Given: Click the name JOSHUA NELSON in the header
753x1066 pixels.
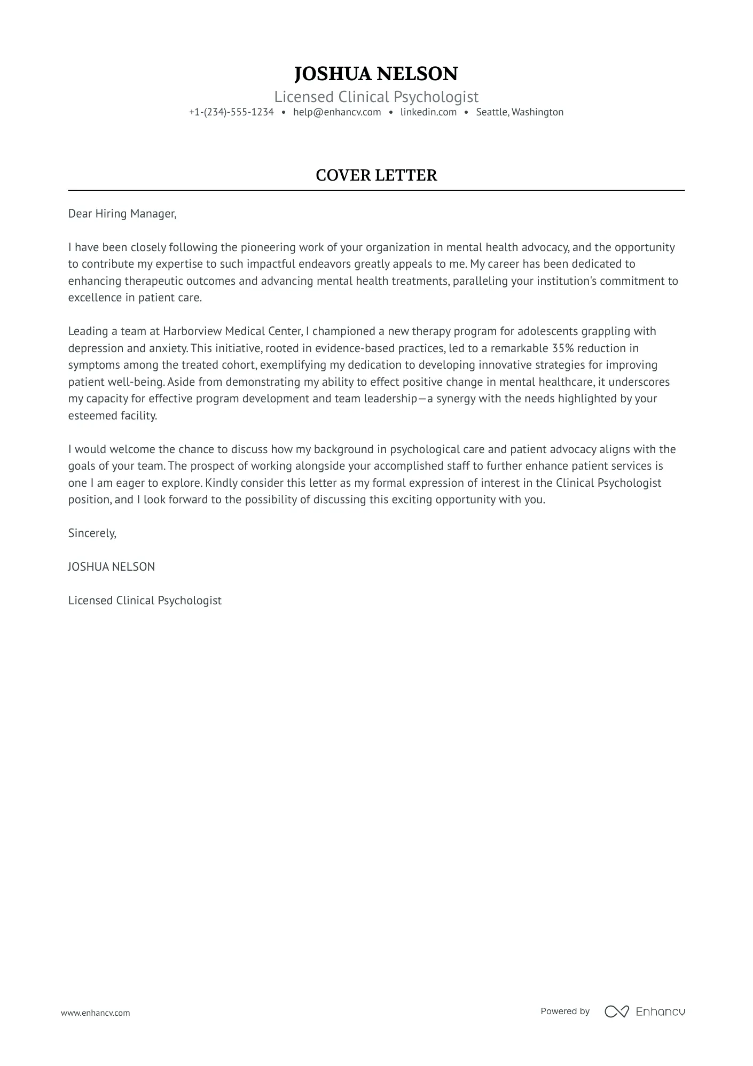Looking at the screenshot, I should coord(376,74).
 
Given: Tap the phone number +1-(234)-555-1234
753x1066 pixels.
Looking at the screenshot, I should coord(231,112).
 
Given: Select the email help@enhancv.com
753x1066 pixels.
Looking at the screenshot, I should coord(337,112).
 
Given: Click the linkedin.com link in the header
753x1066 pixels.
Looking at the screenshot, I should coord(428,112).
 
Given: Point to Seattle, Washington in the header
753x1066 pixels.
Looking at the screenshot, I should coord(520,112).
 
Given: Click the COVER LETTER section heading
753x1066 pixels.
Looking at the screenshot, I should coord(376,175).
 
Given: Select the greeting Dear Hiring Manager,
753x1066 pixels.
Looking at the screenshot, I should coord(122,214).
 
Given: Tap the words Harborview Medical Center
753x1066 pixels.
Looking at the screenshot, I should coord(233,331).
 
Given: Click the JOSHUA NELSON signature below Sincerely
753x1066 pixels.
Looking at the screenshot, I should coord(112,567).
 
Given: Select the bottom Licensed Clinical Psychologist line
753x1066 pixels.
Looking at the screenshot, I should coord(145,601).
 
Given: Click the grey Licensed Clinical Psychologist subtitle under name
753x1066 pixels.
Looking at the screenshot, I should coord(376,97).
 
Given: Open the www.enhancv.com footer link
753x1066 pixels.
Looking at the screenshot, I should coord(96,1013).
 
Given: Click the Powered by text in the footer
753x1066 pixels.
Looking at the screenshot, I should coord(565,1011).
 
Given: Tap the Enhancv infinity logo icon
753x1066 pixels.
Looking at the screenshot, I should coord(616,1011).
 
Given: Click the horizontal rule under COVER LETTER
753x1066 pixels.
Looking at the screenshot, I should coord(376,190).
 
